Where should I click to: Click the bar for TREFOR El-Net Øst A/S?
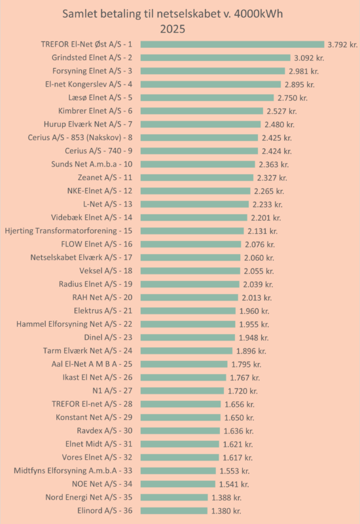tap(232, 45)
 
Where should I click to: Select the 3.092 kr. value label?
tap(309, 58)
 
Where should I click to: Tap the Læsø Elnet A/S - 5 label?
tap(100, 98)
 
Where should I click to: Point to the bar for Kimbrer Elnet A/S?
tap(202, 111)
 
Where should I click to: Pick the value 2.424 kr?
tap(276, 151)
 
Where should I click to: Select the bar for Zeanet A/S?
tap(197, 178)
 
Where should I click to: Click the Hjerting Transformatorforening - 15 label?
tap(69, 231)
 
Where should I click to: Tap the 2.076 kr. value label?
tap(260, 244)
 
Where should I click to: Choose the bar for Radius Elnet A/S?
tap(190, 284)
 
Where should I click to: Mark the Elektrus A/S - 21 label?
tap(103, 310)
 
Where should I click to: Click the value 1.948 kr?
tap(253, 338)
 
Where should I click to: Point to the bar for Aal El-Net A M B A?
tap(184, 364)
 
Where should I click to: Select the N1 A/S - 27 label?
tap(112, 390)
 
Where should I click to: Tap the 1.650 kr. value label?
tap(239, 418)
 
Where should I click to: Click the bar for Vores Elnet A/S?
tap(179, 457)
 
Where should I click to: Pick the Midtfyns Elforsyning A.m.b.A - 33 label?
tap(73, 470)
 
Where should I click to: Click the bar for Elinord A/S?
tap(174, 511)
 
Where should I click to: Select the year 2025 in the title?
tap(172, 29)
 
